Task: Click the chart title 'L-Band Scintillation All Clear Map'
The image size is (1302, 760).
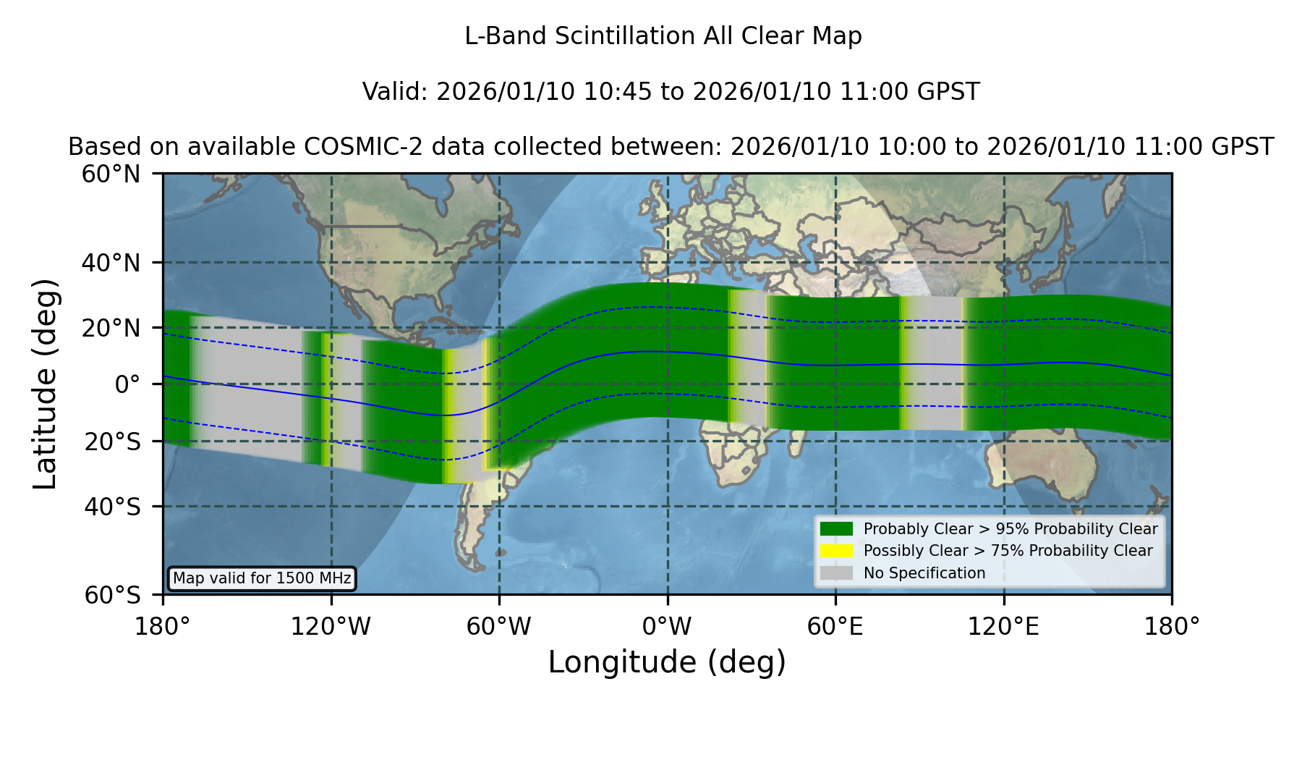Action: (663, 35)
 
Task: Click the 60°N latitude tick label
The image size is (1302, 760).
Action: (111, 174)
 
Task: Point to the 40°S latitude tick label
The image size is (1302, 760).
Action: (112, 507)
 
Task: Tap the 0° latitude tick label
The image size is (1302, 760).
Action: (127, 384)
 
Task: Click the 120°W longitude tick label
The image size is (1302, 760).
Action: (331, 627)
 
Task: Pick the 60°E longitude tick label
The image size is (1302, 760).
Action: (835, 627)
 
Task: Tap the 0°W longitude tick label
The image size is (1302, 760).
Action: (667, 627)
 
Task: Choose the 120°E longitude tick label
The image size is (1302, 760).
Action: (1003, 627)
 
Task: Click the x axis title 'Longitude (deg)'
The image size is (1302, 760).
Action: (667, 662)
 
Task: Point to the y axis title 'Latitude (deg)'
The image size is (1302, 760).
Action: (46, 384)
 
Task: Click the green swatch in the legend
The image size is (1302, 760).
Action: (836, 528)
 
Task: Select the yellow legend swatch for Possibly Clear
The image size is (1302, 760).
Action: (836, 551)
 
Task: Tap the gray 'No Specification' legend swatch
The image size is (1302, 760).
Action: (836, 573)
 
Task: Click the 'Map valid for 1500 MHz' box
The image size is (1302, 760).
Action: (262, 578)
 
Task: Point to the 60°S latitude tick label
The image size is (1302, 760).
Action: (112, 595)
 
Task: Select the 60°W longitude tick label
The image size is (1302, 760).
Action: (499, 627)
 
